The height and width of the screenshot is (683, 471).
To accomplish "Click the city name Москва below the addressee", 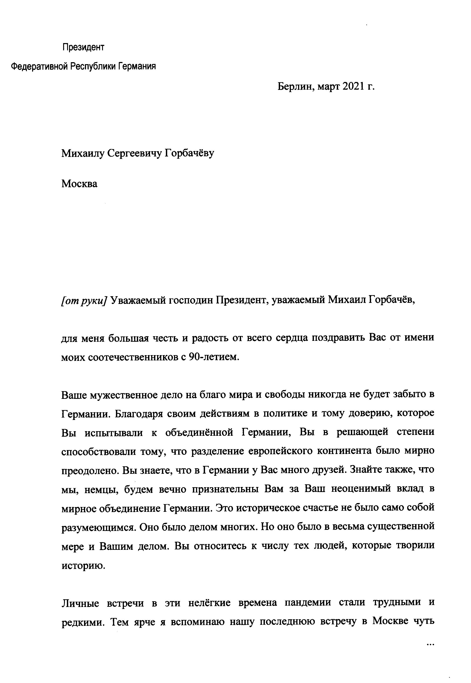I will coord(79,184).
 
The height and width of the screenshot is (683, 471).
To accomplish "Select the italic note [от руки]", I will coord(83,300).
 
